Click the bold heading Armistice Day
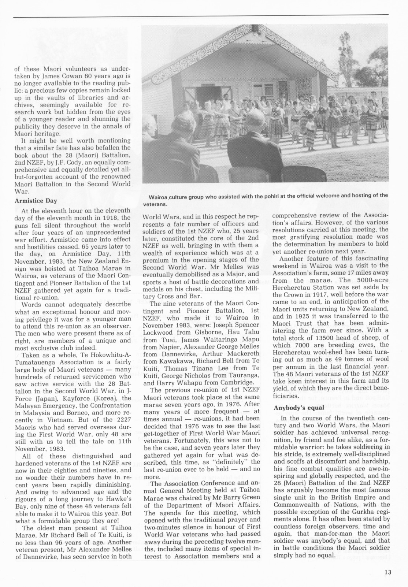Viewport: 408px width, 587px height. tap(36, 201)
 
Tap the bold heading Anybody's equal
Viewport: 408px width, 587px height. tap(294, 408)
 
